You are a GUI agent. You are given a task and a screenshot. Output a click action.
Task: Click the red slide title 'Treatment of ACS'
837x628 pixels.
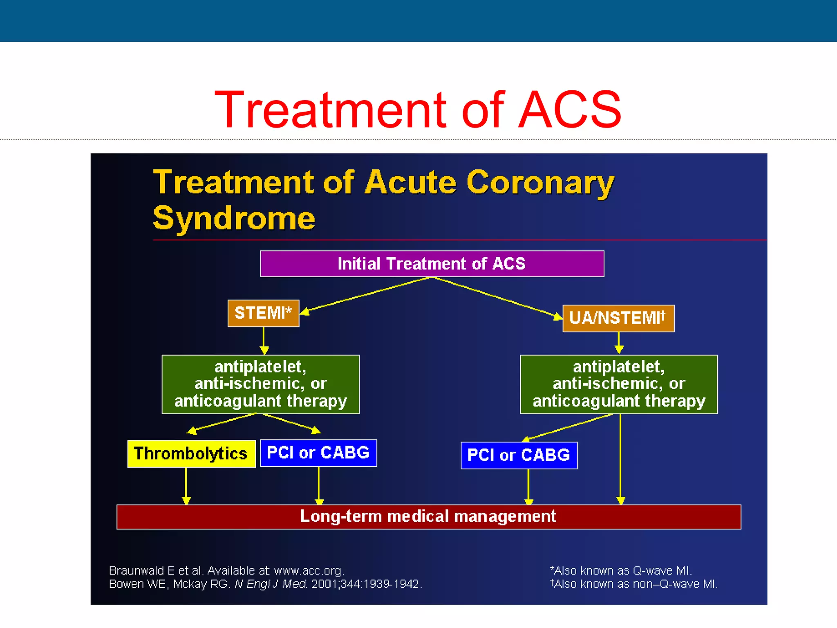point(418,110)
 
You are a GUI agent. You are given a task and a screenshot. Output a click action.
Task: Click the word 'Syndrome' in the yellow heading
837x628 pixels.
point(234,218)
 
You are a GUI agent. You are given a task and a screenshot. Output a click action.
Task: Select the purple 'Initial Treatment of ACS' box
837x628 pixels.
point(432,264)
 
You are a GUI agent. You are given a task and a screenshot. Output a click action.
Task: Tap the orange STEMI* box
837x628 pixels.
point(263,313)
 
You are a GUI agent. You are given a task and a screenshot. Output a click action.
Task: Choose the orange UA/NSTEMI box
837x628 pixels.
point(618,318)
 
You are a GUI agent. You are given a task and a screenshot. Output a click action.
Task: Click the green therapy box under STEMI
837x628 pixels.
point(260,384)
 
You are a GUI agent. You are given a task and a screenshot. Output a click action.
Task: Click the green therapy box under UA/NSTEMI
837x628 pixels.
point(619,384)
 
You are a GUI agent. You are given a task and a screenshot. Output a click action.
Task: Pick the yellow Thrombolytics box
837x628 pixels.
point(191,453)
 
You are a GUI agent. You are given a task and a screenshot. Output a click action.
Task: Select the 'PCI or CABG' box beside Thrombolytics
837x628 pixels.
point(318,453)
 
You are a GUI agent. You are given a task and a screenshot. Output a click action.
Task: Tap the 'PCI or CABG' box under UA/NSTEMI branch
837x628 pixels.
point(519,455)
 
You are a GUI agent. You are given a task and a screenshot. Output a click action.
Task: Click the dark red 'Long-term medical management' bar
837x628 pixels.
point(428,516)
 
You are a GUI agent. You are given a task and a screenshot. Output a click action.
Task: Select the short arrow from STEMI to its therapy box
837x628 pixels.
point(264,340)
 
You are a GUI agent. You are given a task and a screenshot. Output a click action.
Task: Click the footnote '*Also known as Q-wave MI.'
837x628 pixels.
point(620,570)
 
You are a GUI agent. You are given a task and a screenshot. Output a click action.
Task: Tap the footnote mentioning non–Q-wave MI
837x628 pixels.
point(633,584)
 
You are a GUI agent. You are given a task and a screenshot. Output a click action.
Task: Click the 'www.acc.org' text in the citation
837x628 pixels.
point(309,570)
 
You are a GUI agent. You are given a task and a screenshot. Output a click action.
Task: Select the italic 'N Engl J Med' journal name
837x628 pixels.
point(271,584)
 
